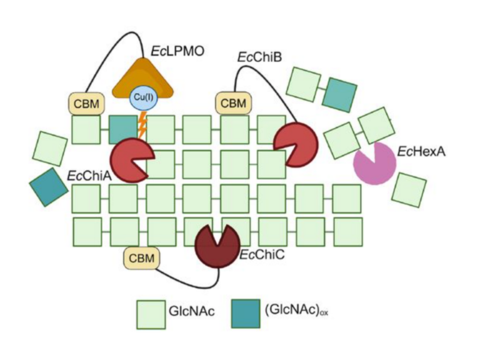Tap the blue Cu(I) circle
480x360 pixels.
[140, 98]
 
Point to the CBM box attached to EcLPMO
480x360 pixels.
[86, 103]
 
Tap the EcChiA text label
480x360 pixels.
[89, 176]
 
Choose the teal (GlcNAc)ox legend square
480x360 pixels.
[245, 313]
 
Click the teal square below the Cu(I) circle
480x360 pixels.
[122, 129]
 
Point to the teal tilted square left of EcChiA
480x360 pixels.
[49, 187]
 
